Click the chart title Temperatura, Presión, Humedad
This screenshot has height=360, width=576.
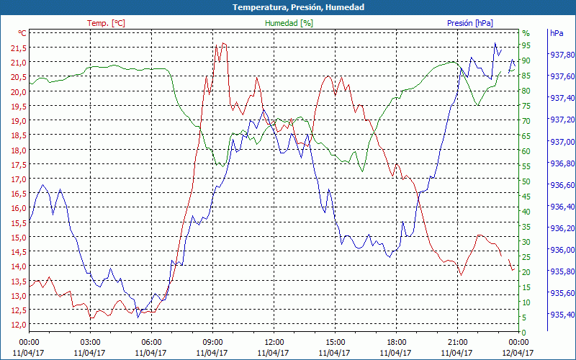coord(288,7)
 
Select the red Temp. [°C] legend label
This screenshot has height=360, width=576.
coord(106,23)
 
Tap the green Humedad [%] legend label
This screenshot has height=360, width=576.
coord(289,23)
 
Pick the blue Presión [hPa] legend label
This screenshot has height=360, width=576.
coord(470,23)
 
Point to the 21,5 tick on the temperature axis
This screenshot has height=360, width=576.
coord(18,48)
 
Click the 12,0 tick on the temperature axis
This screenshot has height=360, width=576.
coord(18,325)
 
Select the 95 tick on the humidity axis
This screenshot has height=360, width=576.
coord(526,45)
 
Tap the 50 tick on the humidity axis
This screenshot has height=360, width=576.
coord(526,181)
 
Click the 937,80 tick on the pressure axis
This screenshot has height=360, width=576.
coord(562,55)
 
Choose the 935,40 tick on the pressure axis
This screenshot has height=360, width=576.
coord(562,315)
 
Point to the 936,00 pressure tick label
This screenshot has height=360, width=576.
coord(562,250)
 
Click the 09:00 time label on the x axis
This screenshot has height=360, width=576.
coord(212,342)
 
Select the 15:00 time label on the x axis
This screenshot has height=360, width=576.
coord(335,342)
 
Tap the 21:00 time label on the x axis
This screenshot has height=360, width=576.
coord(458,342)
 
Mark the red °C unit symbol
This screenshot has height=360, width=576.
coord(22,33)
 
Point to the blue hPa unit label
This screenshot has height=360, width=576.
coord(557,33)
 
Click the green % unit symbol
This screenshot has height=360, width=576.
coord(526,33)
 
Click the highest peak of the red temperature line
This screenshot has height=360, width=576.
coord(223,43)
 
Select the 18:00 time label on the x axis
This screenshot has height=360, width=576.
coord(396,342)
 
